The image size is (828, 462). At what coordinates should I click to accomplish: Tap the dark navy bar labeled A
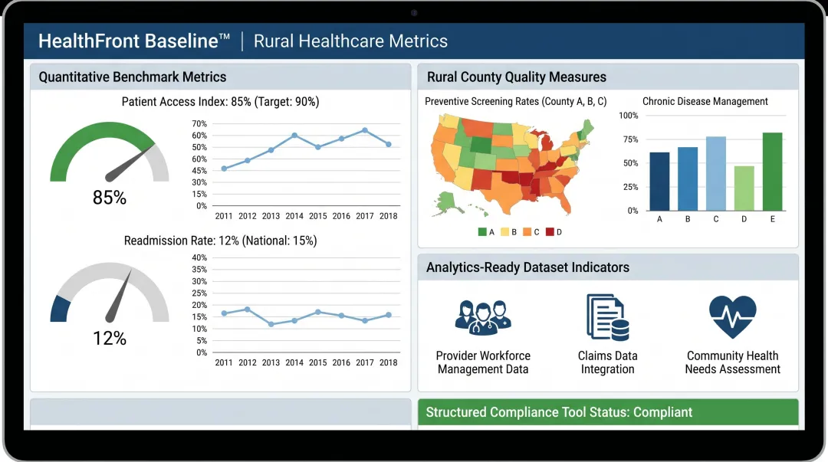point(659,182)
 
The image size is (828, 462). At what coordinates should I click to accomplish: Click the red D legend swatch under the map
point(550,231)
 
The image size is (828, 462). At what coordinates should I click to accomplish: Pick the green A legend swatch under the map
point(481,231)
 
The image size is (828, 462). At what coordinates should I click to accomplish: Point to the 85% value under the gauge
point(110,198)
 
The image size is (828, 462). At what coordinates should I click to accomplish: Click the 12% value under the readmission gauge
point(110,338)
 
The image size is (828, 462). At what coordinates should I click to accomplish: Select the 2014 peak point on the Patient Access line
point(294,135)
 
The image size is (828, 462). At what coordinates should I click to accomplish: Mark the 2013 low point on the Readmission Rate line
point(271,324)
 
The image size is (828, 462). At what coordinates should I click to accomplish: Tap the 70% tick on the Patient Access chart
point(199,123)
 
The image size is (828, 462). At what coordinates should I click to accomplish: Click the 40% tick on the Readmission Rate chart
point(199,257)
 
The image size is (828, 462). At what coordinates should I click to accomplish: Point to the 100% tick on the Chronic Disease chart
point(628,116)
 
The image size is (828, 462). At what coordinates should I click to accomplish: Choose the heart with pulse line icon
point(732,317)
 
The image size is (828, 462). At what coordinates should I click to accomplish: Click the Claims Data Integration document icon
point(607,317)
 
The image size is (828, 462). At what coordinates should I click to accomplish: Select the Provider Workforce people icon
point(482,317)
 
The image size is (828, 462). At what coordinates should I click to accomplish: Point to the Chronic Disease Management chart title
point(705,101)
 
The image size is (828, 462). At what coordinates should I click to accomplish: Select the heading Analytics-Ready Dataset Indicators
point(527,267)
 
